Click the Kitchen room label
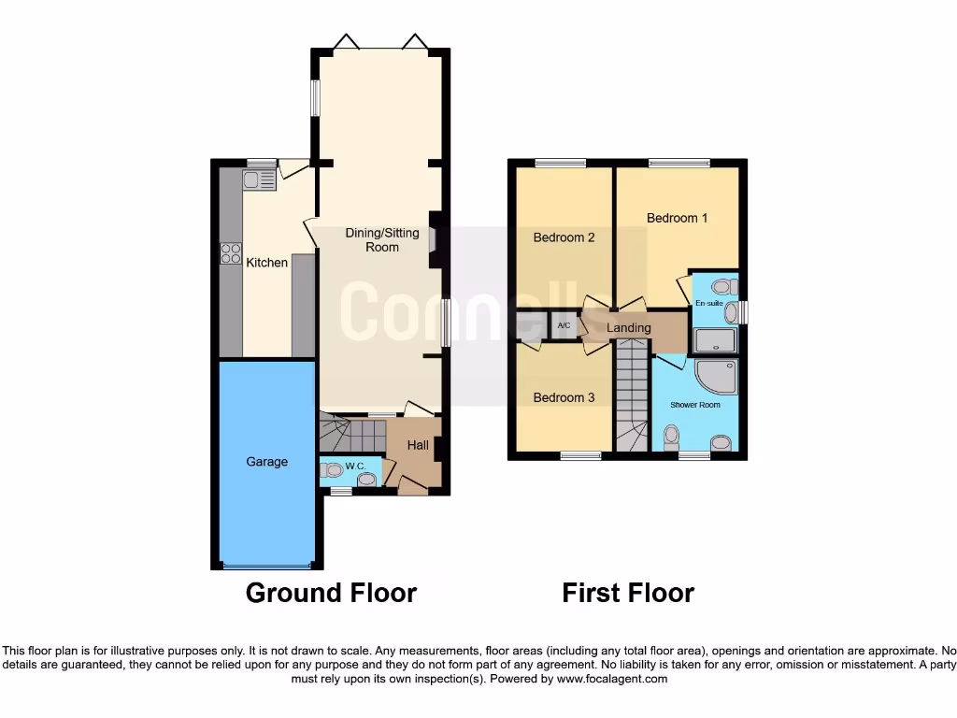pyautogui.click(x=266, y=263)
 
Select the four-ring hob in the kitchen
pyautogui.click(x=230, y=253)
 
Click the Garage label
pyautogui.click(x=267, y=462)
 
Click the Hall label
pyautogui.click(x=418, y=445)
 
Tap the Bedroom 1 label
pyautogui.click(x=678, y=218)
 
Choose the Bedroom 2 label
pyautogui.click(x=564, y=237)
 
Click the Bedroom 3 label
pyautogui.click(x=564, y=397)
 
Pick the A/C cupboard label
pyautogui.click(x=564, y=325)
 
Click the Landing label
pyautogui.click(x=628, y=328)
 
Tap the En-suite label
pyautogui.click(x=708, y=304)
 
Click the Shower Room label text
pyautogui.click(x=694, y=405)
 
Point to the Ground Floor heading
pyautogui.click(x=331, y=593)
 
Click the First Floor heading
pyautogui.click(x=628, y=593)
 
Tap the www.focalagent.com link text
pyautogui.click(x=612, y=680)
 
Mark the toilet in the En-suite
pyautogui.click(x=721, y=287)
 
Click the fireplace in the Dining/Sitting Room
pyautogui.click(x=433, y=239)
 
